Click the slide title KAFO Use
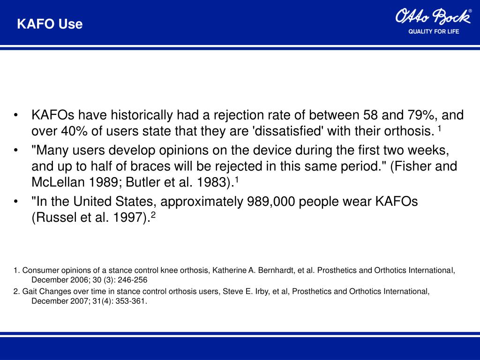click(x=50, y=24)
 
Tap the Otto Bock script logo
click(x=433, y=17)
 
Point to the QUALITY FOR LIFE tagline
click(x=434, y=31)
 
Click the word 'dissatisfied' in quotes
click(x=288, y=131)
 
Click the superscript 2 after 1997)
click(x=153, y=215)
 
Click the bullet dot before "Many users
click(x=17, y=151)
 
